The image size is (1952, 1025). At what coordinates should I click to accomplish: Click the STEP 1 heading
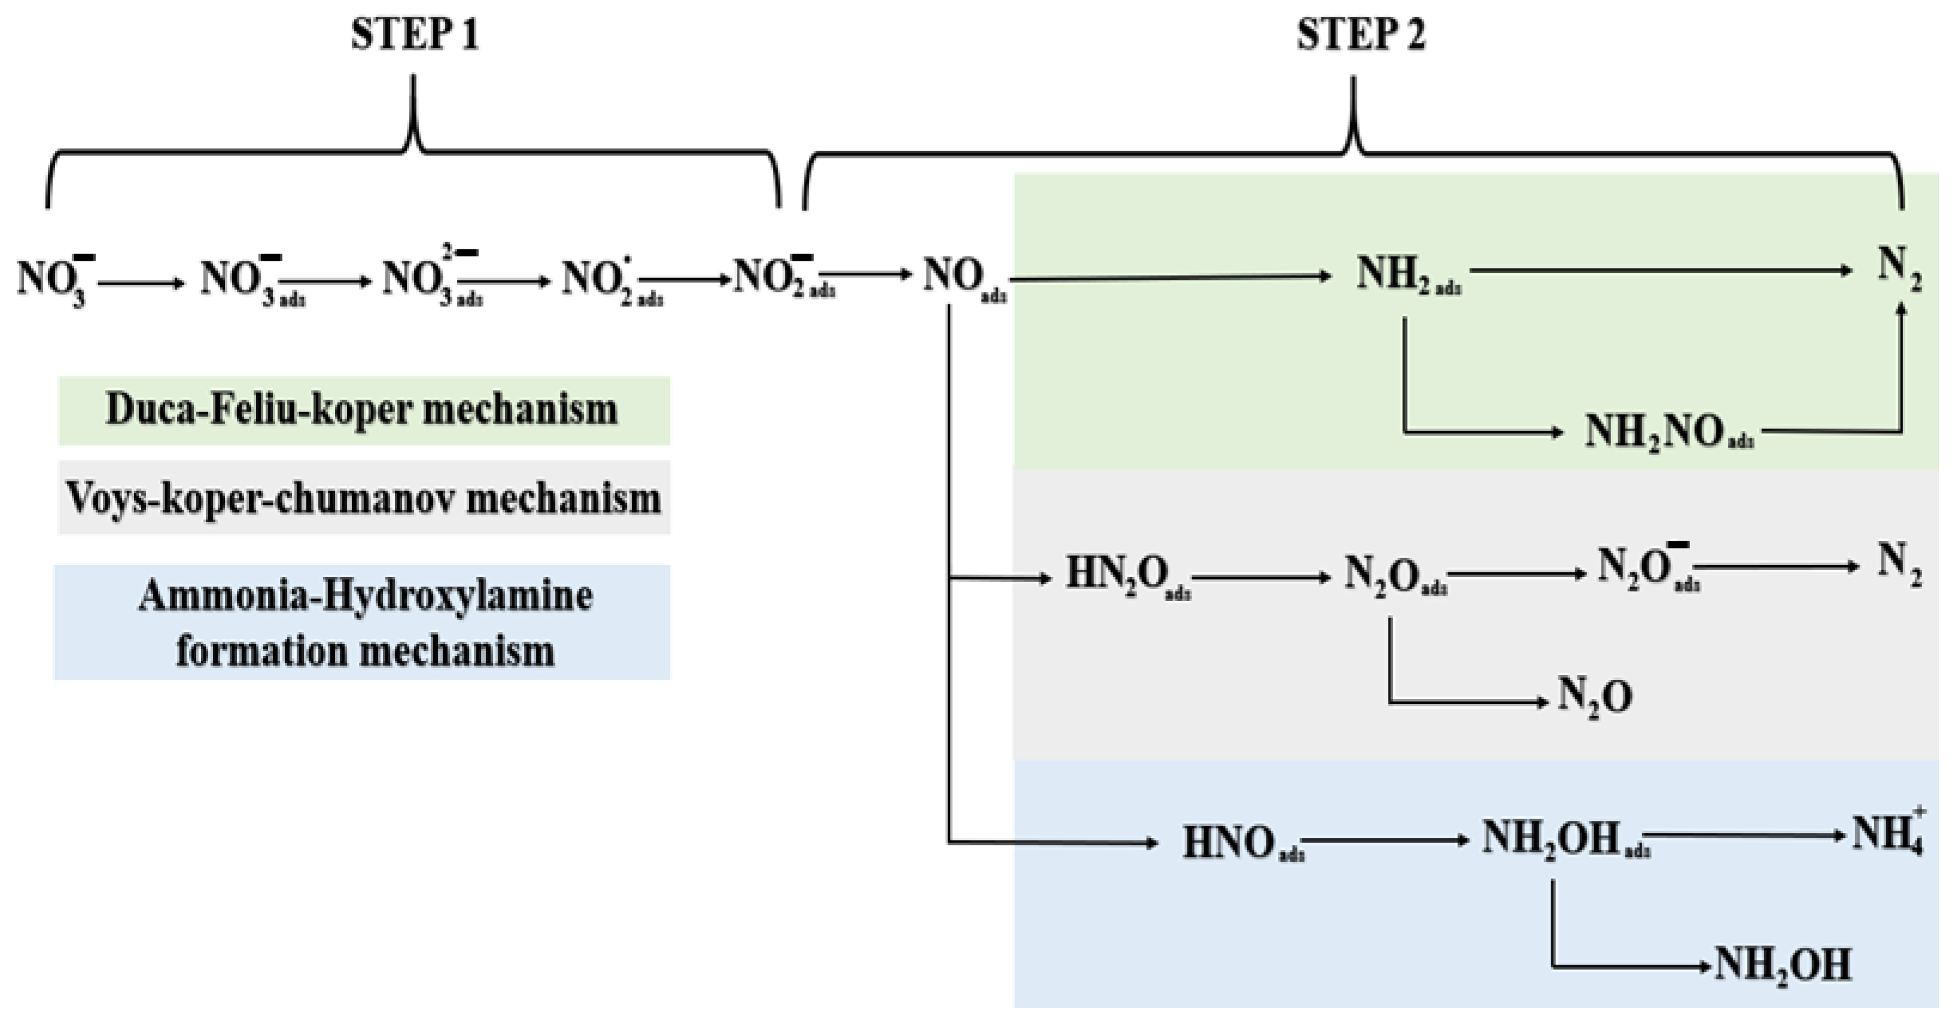(415, 36)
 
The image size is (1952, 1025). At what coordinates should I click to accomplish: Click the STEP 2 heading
(1360, 36)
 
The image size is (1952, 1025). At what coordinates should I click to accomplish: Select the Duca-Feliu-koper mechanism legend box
(364, 410)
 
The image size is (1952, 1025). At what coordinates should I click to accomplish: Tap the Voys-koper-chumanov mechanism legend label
(364, 498)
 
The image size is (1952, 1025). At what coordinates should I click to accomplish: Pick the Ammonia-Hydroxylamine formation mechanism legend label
(364, 622)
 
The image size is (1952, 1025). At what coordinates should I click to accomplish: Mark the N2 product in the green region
(1899, 270)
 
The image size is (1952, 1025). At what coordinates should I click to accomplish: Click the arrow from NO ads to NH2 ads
(1171, 277)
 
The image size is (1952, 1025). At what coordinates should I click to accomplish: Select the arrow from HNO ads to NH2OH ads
(1387, 840)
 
